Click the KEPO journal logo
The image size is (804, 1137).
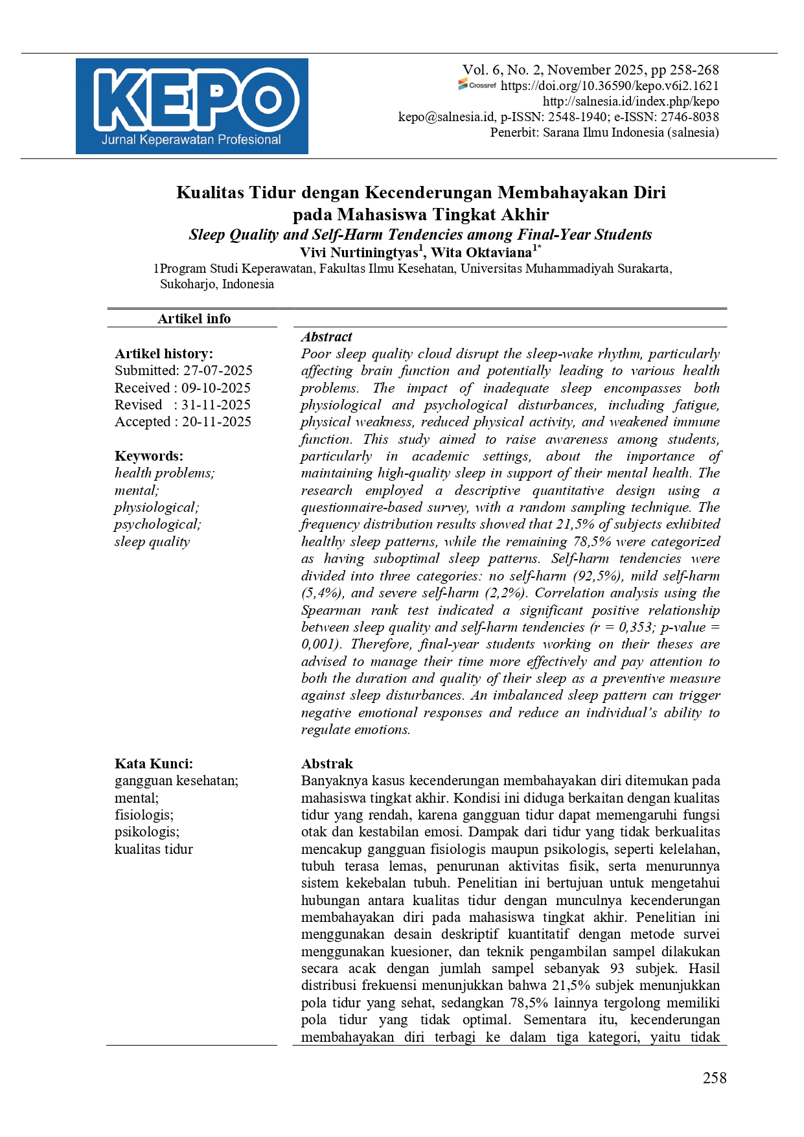point(192,106)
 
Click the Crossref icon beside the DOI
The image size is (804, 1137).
point(477,85)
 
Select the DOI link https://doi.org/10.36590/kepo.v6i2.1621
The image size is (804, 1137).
point(610,86)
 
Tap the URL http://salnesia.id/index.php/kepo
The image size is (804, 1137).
point(630,101)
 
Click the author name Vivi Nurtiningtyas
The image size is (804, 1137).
point(361,252)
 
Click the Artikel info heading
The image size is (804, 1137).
point(194,318)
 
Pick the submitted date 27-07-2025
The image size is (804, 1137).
point(218,371)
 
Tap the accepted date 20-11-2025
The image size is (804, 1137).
point(216,422)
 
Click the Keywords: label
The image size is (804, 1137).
point(149,455)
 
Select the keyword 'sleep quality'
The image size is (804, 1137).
point(152,542)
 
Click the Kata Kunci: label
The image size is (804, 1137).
point(154,763)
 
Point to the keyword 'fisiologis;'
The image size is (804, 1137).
point(144,814)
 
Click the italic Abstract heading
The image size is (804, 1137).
point(327,337)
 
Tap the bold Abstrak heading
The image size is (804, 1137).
point(327,763)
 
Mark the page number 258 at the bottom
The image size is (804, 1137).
point(715,1077)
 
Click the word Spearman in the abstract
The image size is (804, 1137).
point(332,610)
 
